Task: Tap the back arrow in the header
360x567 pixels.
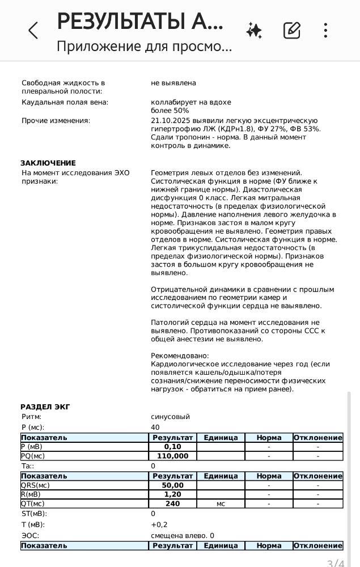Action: coord(33,31)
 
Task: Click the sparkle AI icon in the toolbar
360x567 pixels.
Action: coord(254,31)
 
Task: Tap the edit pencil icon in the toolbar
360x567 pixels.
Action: coord(291,31)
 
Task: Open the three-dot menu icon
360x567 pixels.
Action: coord(325,31)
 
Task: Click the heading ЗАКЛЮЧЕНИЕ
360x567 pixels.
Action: coord(48,163)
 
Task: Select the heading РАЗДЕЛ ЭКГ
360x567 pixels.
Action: coord(45,407)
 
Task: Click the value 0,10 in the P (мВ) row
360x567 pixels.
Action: coord(172,447)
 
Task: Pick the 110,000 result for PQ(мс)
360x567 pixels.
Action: coord(172,456)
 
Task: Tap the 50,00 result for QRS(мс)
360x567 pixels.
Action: coord(172,485)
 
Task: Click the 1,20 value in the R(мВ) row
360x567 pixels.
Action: coord(172,494)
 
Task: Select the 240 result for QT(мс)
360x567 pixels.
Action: coord(172,503)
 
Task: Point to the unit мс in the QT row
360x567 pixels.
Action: coord(221,503)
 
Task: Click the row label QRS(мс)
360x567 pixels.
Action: coord(35,485)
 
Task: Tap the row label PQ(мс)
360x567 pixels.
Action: coord(33,456)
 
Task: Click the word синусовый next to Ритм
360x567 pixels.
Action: coord(170,417)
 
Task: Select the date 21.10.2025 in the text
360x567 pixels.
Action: coord(170,121)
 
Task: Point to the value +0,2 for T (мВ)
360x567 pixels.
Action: coord(159,525)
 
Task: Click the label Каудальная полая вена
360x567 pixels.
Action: coord(65,103)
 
